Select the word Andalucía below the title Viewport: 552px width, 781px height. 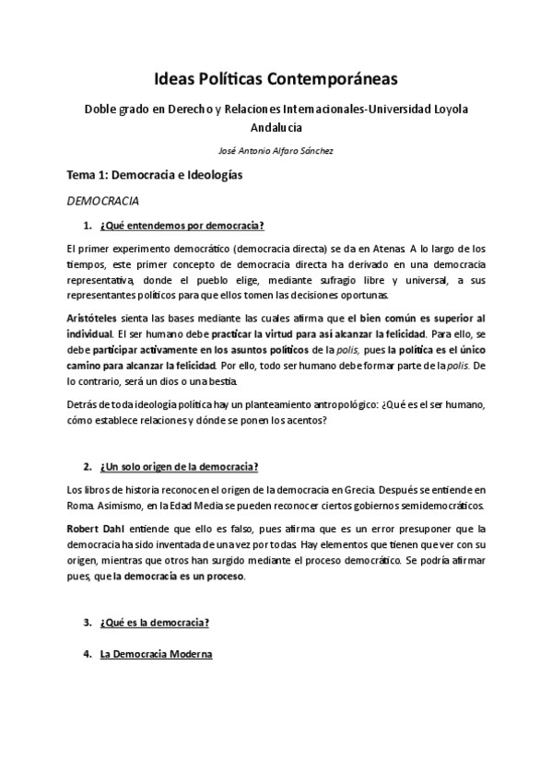coord(276,128)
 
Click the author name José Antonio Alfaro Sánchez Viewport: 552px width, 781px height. coord(276,150)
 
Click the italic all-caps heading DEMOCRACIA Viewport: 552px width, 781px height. coord(102,200)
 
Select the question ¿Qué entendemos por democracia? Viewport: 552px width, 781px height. coord(182,226)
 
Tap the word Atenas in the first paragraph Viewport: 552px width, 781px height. coord(388,249)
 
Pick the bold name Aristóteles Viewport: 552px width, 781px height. coord(97,318)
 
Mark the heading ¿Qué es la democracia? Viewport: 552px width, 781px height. coord(155,623)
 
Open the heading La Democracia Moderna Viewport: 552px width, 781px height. coord(157,654)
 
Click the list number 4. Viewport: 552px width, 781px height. coord(86,654)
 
